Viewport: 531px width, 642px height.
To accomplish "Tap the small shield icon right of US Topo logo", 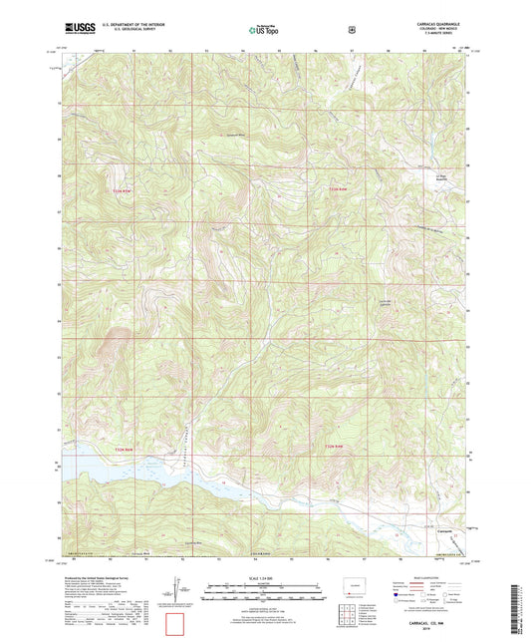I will [352, 30].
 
